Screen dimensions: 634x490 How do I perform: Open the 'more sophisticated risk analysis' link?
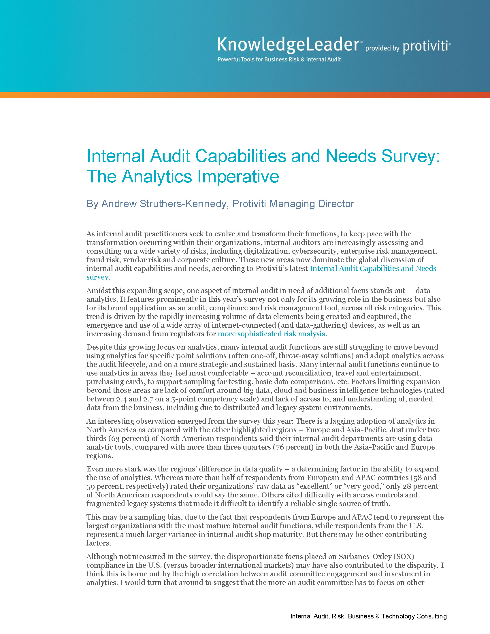(271, 334)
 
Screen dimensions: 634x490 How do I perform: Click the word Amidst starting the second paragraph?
(98, 290)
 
